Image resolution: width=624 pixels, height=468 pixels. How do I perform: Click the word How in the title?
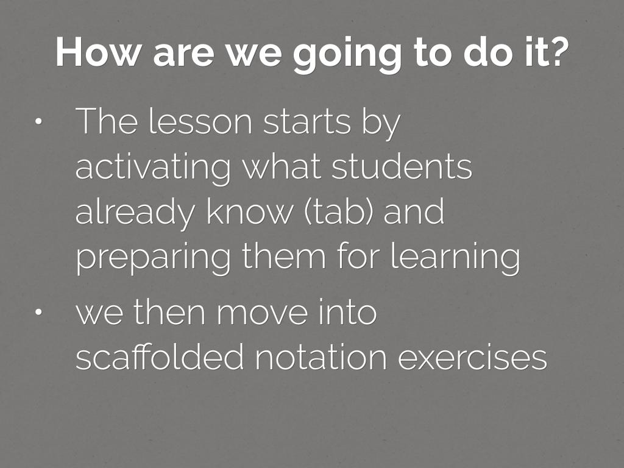[x=98, y=52]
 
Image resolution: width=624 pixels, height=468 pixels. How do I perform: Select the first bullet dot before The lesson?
[x=38, y=122]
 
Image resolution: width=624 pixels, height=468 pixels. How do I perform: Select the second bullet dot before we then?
[x=38, y=312]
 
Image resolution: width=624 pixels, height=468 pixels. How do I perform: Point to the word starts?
[x=307, y=122]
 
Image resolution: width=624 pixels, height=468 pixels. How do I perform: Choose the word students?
[x=402, y=166]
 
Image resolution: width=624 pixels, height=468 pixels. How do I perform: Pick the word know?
[x=249, y=211]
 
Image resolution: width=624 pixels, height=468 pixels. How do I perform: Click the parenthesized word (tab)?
[x=339, y=211]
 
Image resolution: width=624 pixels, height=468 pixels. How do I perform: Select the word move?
[x=262, y=313]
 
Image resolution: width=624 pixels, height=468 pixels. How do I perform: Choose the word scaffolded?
[x=159, y=356]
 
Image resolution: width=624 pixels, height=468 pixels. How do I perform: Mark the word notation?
[x=321, y=357]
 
